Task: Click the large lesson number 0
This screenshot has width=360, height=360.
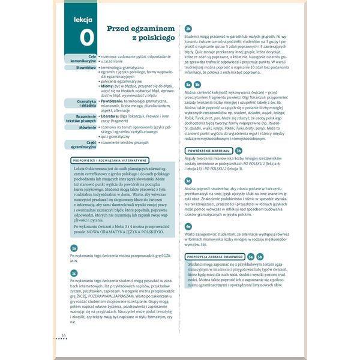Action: click(x=86, y=37)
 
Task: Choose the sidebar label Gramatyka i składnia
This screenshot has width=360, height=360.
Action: click(x=83, y=104)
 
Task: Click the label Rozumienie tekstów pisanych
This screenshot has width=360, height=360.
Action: click(x=82, y=118)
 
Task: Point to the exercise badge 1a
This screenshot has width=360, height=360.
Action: click(x=74, y=248)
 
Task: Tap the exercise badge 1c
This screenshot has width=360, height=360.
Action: click(x=74, y=272)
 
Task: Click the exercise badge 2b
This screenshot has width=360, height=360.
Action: click(x=188, y=28)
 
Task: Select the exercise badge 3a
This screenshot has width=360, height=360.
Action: click(x=188, y=85)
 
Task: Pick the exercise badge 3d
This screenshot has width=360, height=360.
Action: click(x=188, y=181)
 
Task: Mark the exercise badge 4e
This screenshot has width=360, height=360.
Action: click(x=188, y=226)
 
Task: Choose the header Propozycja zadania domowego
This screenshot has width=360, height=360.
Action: click(x=215, y=256)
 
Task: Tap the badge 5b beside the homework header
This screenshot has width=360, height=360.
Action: click(x=260, y=256)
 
